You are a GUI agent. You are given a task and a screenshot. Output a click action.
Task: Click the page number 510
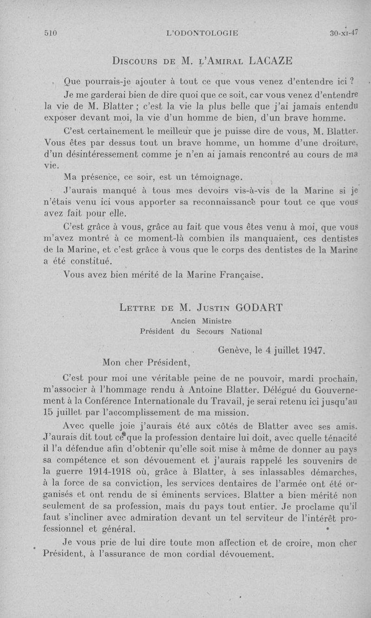(x=50, y=33)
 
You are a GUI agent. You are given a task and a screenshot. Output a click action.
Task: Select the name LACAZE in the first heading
(x=271, y=60)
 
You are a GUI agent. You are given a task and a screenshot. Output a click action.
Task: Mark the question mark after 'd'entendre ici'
(x=352, y=82)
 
